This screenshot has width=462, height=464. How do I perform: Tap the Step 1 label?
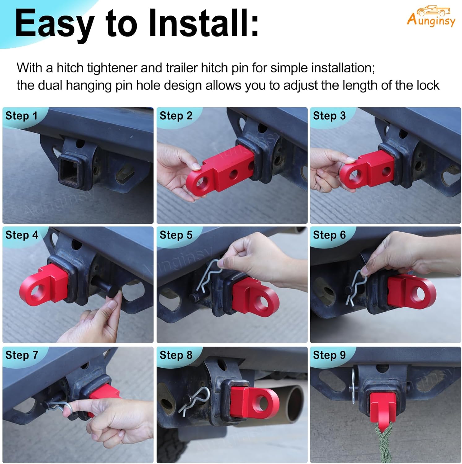pyautogui.click(x=21, y=116)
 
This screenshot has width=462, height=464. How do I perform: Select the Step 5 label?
pyautogui.click(x=176, y=235)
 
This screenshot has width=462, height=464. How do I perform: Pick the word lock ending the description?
pyautogui.click(x=428, y=85)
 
